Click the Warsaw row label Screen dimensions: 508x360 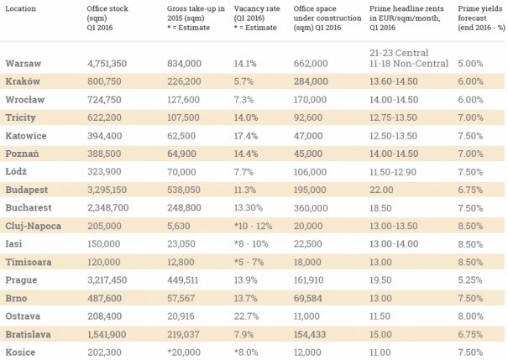23,64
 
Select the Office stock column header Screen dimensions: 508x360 107,18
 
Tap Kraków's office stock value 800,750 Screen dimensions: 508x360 104,81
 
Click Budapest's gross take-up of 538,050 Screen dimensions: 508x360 184,190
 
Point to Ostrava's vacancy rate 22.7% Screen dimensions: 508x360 246,316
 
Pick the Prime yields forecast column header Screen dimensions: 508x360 481,18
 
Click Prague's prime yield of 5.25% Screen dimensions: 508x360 469,280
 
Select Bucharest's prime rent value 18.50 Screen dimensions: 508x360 380,208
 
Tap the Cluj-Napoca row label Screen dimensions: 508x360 33,226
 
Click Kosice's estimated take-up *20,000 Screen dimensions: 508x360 184,352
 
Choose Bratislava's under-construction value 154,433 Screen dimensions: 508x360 309,334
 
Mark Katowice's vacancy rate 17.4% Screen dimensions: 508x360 245,136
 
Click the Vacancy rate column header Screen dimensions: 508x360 257,18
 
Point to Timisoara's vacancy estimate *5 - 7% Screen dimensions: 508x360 249,262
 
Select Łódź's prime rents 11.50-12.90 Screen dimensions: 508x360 393,171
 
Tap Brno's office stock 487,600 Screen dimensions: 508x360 104,298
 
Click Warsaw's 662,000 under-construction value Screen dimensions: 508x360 311,64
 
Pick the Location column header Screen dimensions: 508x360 20,8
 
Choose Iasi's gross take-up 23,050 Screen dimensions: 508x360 181,244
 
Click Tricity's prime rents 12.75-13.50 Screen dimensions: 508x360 393,117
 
